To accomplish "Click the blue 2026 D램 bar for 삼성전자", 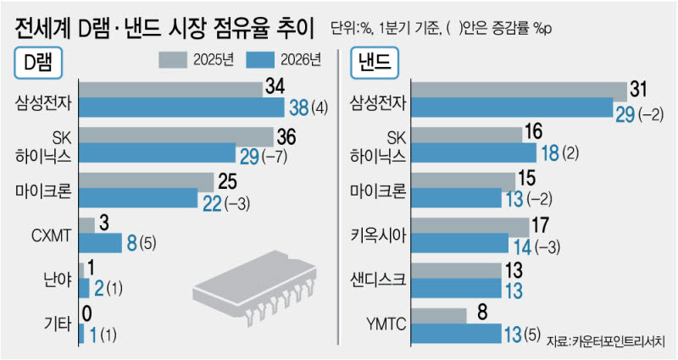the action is (181, 108).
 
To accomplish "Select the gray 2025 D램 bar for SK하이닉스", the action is (176, 136).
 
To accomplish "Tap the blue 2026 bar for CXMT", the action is (100, 243).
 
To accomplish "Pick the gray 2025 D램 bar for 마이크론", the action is (146, 182).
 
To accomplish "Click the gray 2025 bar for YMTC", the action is (439, 316).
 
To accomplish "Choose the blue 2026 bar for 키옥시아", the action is (459, 243).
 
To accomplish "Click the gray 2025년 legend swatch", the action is (173, 60).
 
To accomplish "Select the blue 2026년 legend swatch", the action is (260, 60).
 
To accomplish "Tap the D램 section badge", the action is (38, 63).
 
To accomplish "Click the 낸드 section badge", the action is (375, 63).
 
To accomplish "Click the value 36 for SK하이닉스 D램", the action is (286, 136).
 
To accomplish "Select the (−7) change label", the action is (274, 156).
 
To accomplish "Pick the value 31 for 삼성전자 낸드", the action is (639, 89).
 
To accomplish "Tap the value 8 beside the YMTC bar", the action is (483, 312).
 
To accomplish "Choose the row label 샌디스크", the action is (378, 280).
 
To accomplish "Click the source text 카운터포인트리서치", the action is (619, 341).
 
